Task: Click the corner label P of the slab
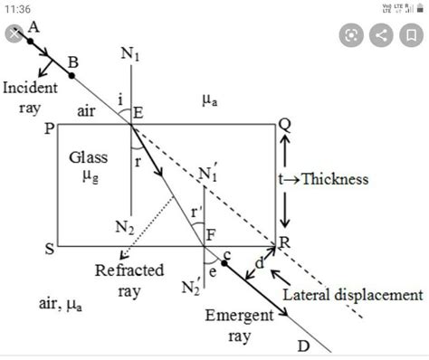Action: [49, 128]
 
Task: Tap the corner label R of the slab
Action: [284, 243]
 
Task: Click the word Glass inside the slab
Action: [88, 156]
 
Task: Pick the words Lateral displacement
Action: [352, 295]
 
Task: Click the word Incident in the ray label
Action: [30, 88]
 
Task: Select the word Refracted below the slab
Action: [129, 270]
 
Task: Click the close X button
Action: [14, 34]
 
